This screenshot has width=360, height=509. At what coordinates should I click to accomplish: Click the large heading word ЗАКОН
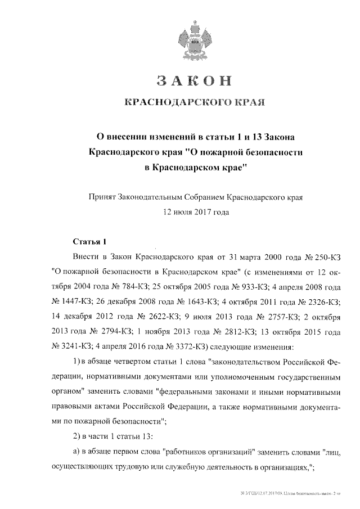[x=194, y=81]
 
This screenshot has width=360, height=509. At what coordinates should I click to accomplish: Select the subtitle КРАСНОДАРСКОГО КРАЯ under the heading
[x=194, y=103]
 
